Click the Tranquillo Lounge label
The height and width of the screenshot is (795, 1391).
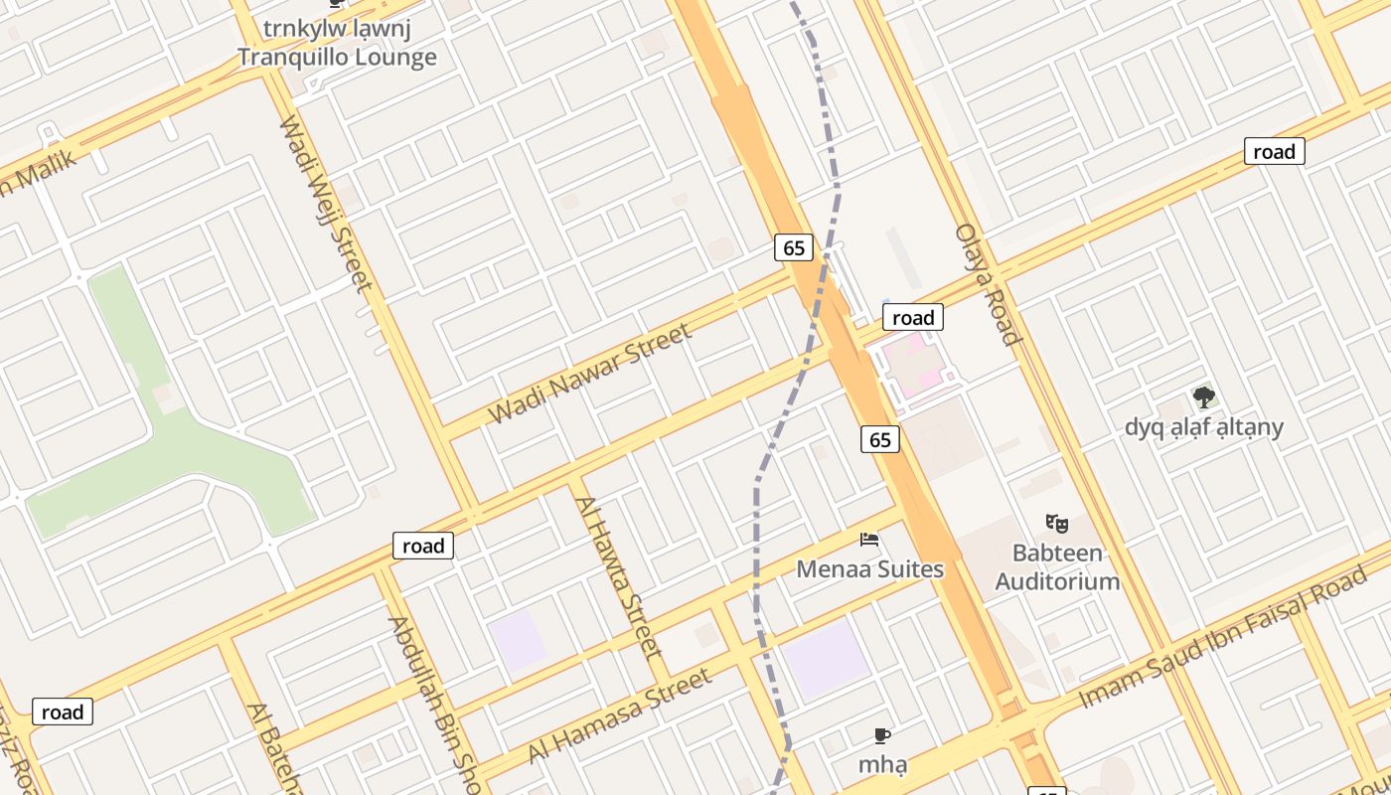(x=337, y=57)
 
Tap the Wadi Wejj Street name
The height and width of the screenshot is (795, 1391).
(x=326, y=204)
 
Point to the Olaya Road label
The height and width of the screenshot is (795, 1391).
(x=988, y=284)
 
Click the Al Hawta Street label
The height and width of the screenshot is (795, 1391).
(x=618, y=577)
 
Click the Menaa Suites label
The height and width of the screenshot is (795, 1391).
(x=870, y=569)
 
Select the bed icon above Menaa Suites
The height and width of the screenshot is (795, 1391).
(x=870, y=540)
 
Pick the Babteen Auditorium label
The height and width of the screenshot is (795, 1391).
(x=1057, y=566)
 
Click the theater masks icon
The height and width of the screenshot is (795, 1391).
(x=1057, y=523)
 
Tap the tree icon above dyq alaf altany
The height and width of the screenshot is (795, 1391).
(x=1204, y=398)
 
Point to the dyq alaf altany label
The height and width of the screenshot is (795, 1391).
(x=1204, y=427)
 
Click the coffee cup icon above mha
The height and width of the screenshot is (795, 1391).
(x=882, y=735)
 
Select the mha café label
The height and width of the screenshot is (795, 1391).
(x=882, y=765)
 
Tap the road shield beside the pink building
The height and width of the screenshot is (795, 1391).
(x=912, y=318)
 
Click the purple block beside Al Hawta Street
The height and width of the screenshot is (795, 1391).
(x=517, y=640)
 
